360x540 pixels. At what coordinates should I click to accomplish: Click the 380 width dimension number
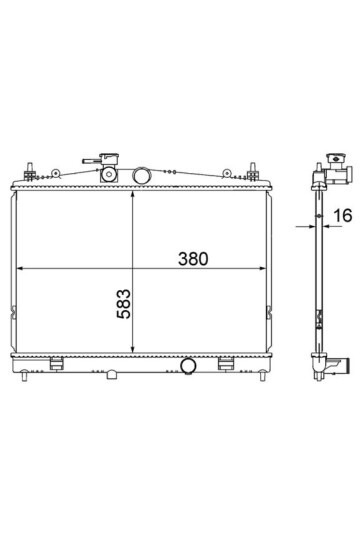(x=193, y=259)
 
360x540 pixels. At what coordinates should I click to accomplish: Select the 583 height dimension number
(x=124, y=304)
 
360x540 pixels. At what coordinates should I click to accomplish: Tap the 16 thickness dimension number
(x=343, y=216)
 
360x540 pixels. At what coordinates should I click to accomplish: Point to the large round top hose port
(x=141, y=176)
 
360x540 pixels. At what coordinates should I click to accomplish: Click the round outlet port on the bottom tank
(x=188, y=366)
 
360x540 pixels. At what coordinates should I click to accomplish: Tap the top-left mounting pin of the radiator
(x=30, y=171)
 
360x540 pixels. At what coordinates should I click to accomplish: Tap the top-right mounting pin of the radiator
(x=253, y=172)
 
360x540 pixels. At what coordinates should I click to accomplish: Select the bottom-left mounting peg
(x=24, y=376)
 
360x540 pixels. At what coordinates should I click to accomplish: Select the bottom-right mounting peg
(x=262, y=375)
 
